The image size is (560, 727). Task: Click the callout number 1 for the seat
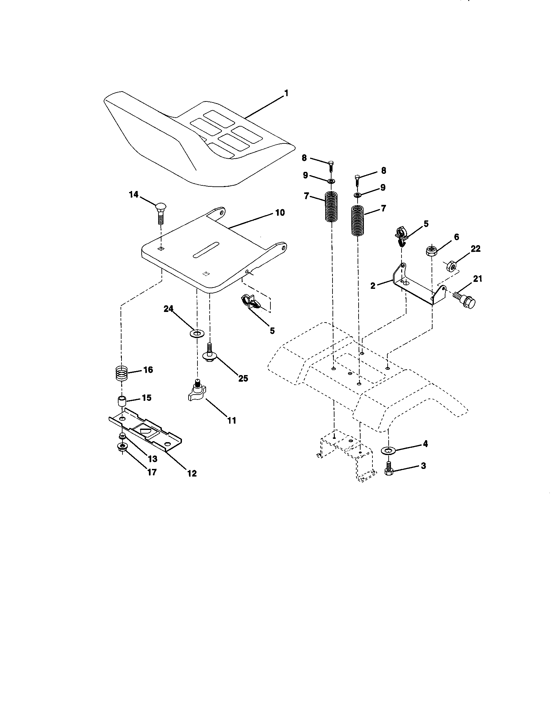click(286, 94)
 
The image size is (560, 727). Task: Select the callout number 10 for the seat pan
click(280, 212)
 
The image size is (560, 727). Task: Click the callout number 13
click(152, 459)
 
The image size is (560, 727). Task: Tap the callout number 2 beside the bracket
click(373, 286)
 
